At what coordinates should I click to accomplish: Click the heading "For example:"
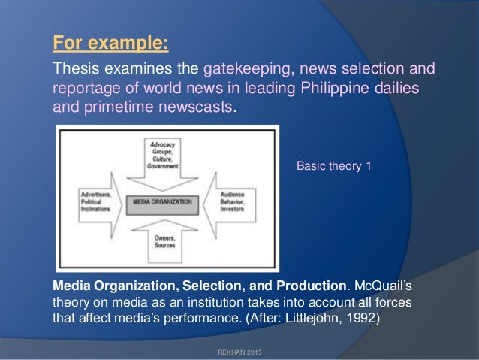pos(110,40)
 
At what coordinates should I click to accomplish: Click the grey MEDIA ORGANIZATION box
pos(162,201)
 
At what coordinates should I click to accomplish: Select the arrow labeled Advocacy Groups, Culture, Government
pos(163,159)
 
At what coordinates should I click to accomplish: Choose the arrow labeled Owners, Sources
pos(163,241)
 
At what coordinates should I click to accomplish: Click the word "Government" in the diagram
pos(163,166)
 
